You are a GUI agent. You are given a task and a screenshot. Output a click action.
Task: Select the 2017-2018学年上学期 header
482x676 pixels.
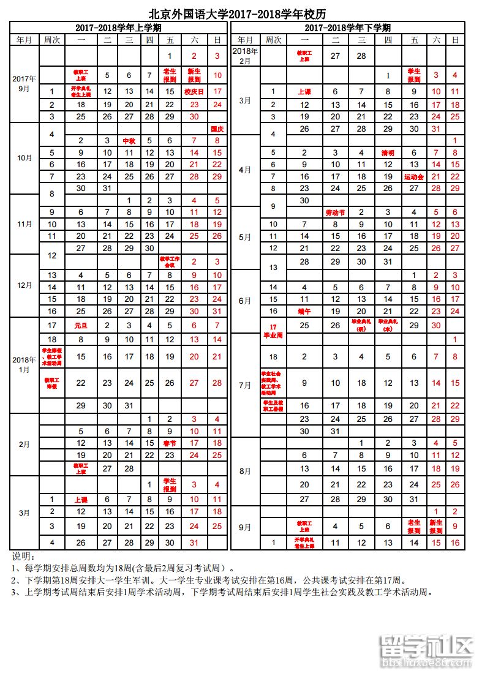pyautogui.click(x=118, y=28)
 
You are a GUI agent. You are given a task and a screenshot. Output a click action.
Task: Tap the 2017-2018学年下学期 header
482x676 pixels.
pyautogui.click(x=347, y=28)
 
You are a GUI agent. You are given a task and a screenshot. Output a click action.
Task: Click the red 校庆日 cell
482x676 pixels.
pyautogui.click(x=194, y=92)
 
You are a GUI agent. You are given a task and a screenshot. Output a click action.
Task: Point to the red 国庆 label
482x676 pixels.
pyautogui.click(x=217, y=129)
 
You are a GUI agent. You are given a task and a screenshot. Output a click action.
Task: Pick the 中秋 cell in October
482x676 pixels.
pyautogui.click(x=129, y=141)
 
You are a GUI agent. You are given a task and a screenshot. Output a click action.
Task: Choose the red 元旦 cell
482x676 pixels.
pyautogui.click(x=81, y=326)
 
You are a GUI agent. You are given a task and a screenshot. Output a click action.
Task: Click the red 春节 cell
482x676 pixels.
pyautogui.click(x=170, y=443)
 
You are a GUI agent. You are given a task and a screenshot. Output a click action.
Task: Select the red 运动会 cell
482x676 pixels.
pyautogui.click(x=414, y=177)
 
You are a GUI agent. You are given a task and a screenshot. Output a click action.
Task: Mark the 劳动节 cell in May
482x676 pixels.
pyautogui.click(x=335, y=212)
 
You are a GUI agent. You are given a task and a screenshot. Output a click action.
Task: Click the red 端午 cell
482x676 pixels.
pyautogui.click(x=304, y=311)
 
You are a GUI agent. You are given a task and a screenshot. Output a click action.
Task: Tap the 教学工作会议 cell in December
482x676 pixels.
pyautogui.click(x=170, y=261)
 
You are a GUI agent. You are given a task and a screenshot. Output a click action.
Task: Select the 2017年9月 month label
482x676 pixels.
pyautogui.click(x=24, y=83)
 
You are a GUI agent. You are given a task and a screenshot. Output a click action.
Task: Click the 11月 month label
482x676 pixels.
pyautogui.click(x=24, y=224)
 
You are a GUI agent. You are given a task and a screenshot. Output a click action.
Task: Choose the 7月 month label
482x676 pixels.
pyautogui.click(x=244, y=385)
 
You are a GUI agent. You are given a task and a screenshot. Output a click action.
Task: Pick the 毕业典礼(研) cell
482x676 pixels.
pyautogui.click(x=361, y=325)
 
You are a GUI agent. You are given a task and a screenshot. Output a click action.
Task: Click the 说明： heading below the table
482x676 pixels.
pyautogui.click(x=24, y=557)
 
